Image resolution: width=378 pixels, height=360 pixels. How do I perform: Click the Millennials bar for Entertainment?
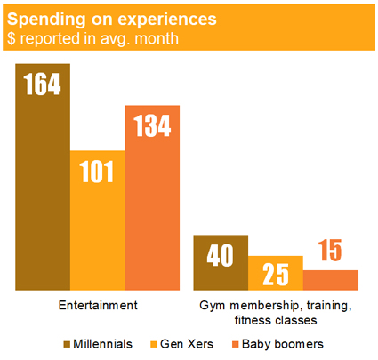[43, 177]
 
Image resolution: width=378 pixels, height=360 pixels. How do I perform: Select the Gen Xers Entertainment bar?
[98, 220]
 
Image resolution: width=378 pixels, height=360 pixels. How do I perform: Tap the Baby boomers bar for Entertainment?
[152, 197]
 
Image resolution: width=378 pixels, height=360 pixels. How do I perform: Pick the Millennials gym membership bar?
[221, 262]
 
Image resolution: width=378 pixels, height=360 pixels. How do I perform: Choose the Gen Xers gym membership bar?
[276, 273]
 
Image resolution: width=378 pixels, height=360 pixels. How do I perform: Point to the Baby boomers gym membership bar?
[331, 280]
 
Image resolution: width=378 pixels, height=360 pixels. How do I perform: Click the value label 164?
[43, 84]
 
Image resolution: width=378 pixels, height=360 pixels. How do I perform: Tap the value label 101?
[97, 172]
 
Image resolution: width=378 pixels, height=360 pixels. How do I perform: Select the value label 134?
[152, 125]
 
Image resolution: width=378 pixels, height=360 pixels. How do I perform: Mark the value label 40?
[221, 255]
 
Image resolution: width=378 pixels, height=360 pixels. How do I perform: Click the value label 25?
[276, 275]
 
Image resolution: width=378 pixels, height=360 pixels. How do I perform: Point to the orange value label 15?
[330, 251]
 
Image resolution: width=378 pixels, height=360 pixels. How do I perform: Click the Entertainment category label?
[98, 305]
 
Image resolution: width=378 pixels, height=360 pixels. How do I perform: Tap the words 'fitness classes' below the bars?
[276, 320]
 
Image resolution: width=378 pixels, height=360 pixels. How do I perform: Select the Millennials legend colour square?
[67, 344]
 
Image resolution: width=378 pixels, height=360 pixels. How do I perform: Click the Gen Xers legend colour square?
[154, 344]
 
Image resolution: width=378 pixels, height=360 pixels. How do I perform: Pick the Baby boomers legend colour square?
[235, 344]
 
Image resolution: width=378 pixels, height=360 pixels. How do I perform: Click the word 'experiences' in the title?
[167, 20]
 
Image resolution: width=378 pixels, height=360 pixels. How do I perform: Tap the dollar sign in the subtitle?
[12, 38]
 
